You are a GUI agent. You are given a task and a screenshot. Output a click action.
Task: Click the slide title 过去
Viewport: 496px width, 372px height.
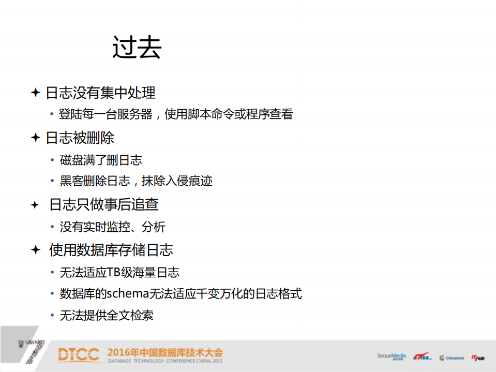pos(137,48)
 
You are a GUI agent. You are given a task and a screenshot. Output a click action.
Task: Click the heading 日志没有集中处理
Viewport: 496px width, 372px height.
pos(100,93)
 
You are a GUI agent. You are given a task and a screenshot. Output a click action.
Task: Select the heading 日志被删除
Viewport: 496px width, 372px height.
pos(80,138)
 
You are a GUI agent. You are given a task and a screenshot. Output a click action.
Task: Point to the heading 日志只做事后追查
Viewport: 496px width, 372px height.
pos(104,205)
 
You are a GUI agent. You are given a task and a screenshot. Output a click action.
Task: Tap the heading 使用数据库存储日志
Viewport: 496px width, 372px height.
pos(111,250)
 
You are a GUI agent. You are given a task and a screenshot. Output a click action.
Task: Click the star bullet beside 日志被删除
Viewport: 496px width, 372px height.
pos(35,138)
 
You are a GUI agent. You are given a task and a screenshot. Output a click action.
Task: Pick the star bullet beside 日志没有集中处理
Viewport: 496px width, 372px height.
pos(35,93)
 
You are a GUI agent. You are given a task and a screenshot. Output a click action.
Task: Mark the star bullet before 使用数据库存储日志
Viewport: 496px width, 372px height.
pos(35,250)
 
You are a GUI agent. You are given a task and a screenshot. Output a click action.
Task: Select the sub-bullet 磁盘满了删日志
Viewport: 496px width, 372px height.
pos(101,160)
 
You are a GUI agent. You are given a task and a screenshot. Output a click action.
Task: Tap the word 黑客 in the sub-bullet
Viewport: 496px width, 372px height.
pos(72,181)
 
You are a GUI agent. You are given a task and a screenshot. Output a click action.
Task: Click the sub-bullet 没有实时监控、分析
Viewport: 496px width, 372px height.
pos(112,227)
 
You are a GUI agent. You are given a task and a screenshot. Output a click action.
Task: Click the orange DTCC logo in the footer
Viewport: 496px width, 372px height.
pos(78,355)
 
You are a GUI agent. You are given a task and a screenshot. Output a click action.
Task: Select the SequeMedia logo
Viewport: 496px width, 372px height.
pos(392,356)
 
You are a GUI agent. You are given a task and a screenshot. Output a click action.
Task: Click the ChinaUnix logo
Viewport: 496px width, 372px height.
pos(452,358)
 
